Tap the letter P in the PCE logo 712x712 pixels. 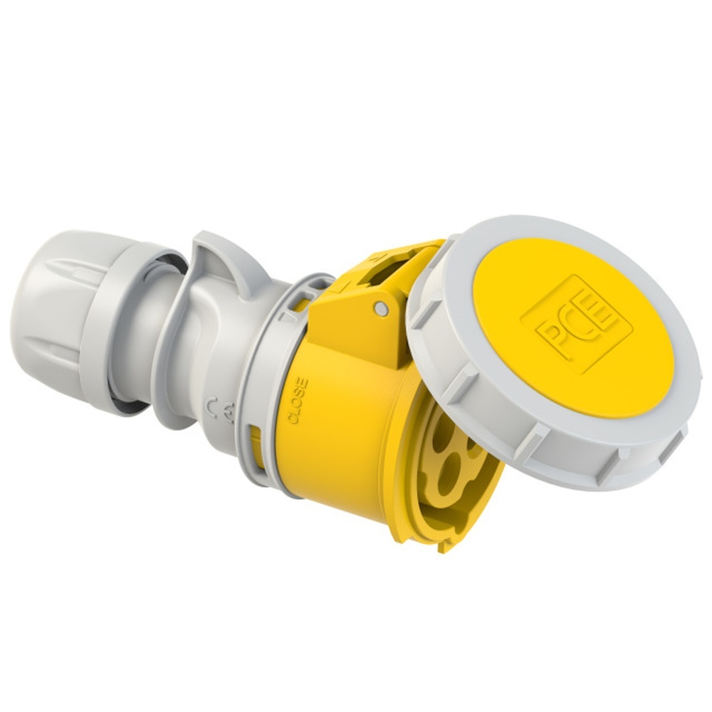(555, 335)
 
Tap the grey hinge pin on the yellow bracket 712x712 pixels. (382, 308)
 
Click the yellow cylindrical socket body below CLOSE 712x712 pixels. (335, 456)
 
